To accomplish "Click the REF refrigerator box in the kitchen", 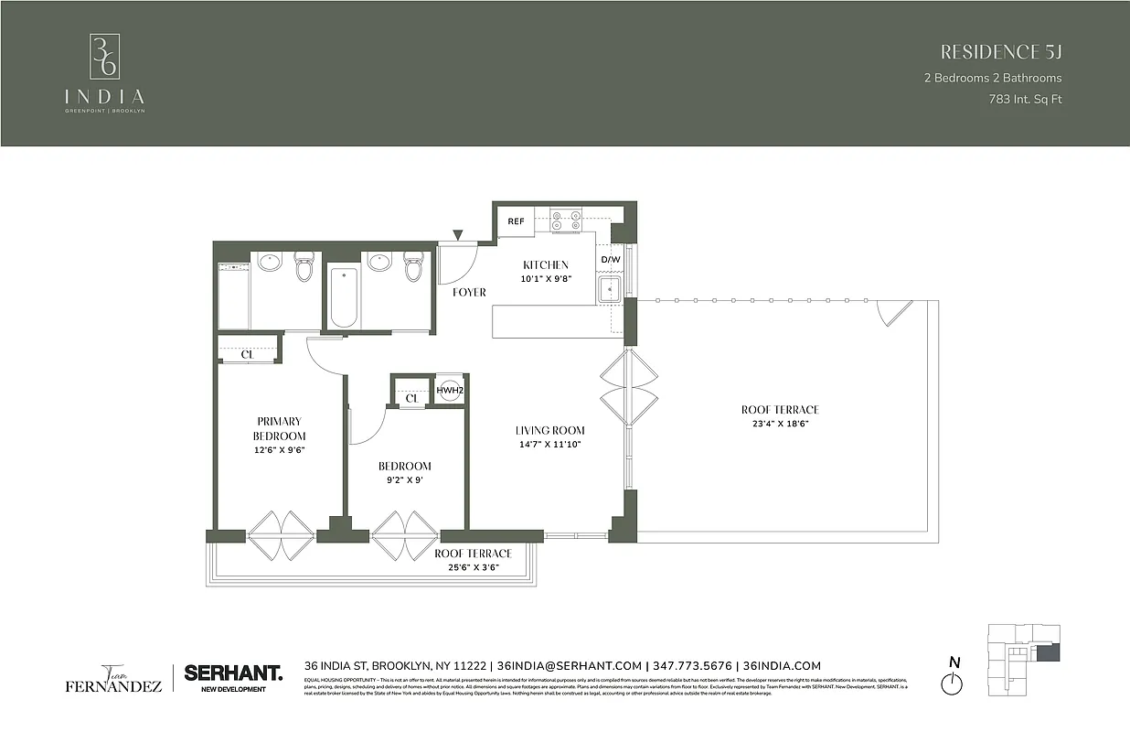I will click(x=516, y=221).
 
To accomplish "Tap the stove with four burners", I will click(x=566, y=221).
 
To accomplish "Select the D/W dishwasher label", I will click(x=610, y=260).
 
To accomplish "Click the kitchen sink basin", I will click(x=609, y=290).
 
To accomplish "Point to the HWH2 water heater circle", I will click(x=449, y=390).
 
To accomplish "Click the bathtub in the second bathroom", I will click(x=344, y=296).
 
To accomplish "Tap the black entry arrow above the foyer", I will click(x=458, y=236).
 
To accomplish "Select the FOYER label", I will click(x=469, y=293).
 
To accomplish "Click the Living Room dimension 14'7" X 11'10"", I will click(x=549, y=444).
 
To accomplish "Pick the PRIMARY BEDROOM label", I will click(x=279, y=429).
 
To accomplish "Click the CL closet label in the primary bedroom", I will click(x=246, y=354).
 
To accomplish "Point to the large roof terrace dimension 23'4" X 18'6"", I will click(x=780, y=424).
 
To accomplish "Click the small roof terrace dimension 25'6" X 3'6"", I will click(x=473, y=567).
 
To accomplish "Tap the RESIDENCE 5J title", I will click(x=1001, y=51).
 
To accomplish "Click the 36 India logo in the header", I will click(x=103, y=73).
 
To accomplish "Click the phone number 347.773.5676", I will click(x=692, y=666).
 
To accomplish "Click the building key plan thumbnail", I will click(x=1024, y=659).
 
